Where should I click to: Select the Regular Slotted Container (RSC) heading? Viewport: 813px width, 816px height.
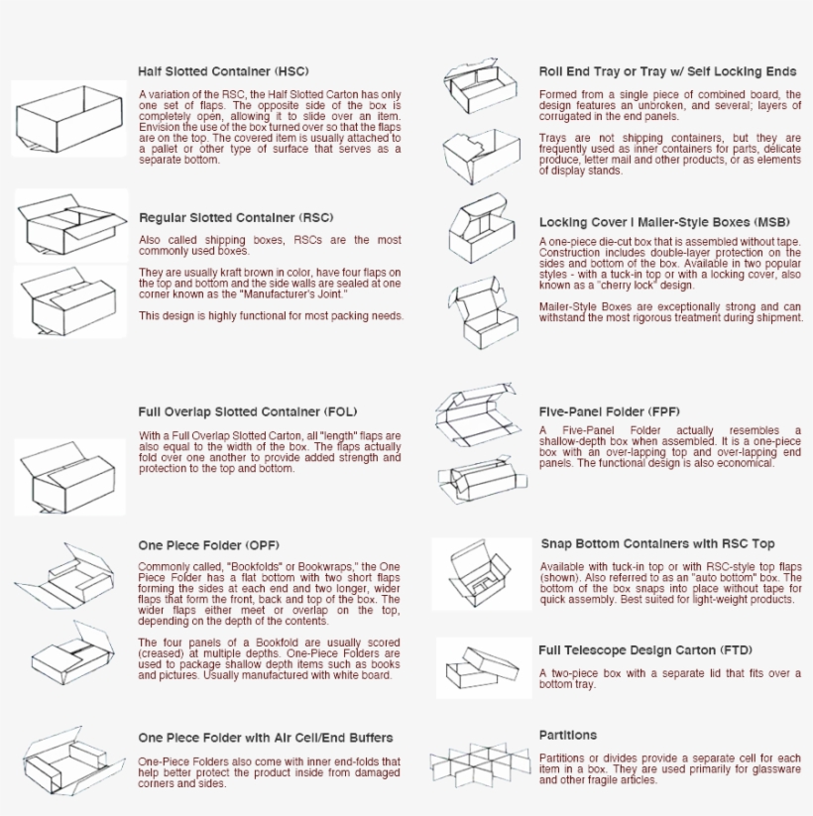point(235,217)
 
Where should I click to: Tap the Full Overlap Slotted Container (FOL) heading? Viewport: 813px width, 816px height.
point(247,411)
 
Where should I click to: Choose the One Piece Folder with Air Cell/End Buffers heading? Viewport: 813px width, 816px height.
point(265,738)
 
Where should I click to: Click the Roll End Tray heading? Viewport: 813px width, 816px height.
point(667,71)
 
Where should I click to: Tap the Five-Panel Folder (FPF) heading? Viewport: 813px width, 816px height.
point(609,411)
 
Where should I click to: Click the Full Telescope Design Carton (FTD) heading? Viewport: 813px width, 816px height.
point(644,650)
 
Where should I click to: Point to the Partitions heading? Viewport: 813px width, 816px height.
point(567,735)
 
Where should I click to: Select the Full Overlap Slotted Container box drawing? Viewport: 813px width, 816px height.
point(68,477)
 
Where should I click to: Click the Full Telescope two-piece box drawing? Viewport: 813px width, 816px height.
point(483,668)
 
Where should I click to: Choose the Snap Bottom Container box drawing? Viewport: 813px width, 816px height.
point(481,574)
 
